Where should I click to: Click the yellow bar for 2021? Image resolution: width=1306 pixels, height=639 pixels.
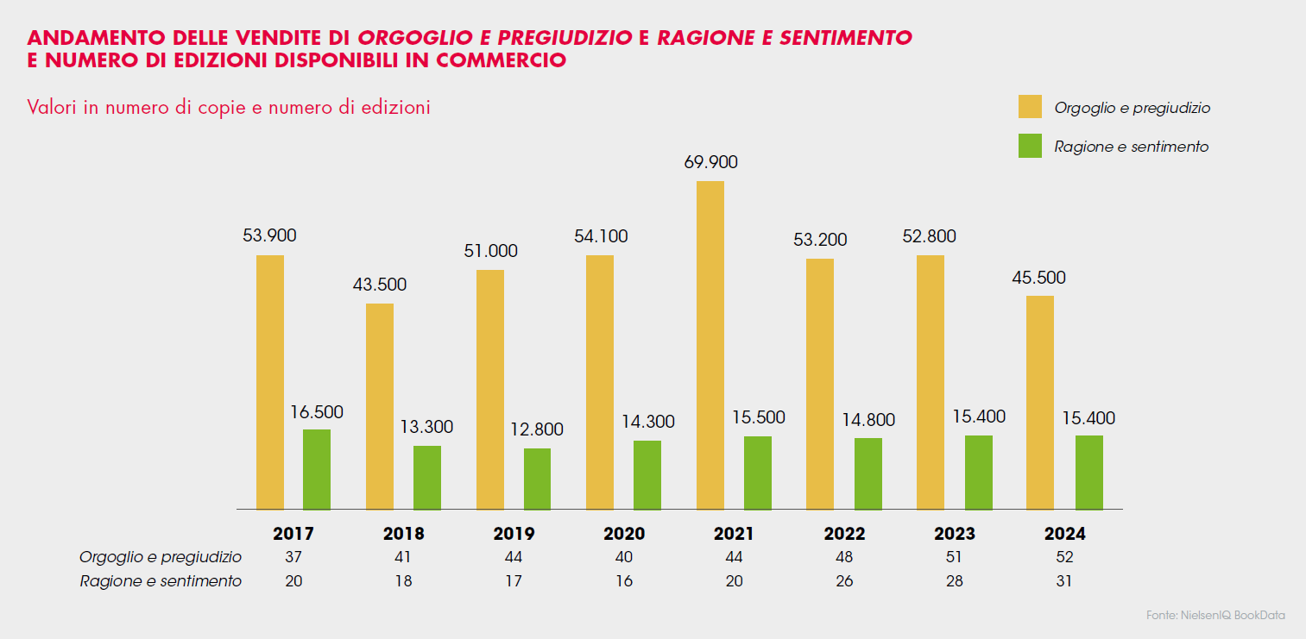[710, 345]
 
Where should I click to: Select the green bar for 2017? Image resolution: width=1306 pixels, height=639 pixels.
[317, 469]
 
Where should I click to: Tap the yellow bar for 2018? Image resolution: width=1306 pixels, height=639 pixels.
[380, 406]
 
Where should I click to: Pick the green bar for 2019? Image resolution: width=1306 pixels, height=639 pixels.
[537, 479]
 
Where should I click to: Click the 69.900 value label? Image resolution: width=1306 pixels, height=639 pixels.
[711, 162]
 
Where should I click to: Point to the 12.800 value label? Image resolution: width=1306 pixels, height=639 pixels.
[536, 429]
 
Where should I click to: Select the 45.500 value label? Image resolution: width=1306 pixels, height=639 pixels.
[1039, 278]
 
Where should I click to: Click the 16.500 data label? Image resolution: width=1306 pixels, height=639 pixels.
[317, 411]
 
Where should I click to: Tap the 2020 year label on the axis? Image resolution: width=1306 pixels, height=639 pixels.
[624, 534]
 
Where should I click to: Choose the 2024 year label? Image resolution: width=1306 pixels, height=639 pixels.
[1064, 534]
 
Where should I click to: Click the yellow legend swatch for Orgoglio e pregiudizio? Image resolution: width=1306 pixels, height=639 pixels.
[1030, 107]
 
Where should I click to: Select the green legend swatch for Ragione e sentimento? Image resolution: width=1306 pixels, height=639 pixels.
[1030, 146]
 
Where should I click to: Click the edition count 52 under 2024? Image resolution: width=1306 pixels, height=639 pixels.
[1064, 557]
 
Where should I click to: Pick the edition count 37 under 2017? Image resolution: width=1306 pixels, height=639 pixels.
[293, 557]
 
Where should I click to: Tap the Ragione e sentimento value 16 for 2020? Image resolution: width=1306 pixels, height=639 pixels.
[624, 581]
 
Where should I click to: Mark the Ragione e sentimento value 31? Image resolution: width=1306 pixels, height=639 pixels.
[1064, 581]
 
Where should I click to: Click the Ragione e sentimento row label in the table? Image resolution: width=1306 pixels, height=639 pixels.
[161, 581]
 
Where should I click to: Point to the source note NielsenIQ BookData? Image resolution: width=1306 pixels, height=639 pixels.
[1215, 616]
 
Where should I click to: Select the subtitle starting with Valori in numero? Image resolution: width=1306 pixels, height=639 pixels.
[229, 108]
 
